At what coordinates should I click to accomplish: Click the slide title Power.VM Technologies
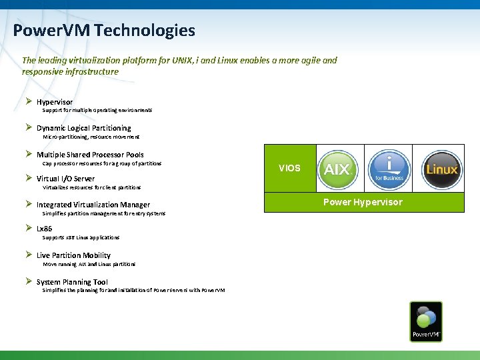[104, 31]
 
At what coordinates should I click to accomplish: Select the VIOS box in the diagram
[289, 168]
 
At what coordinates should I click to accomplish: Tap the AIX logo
[337, 168]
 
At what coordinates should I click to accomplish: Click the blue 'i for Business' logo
[389, 168]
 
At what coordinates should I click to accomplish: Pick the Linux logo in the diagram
[441, 168]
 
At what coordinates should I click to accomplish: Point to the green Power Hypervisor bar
[363, 202]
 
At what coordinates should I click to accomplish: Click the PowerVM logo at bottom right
[426, 322]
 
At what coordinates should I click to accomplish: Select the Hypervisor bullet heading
[55, 102]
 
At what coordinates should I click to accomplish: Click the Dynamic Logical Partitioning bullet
[84, 128]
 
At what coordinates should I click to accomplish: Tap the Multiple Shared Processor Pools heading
[90, 155]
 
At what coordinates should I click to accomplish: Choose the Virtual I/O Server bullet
[65, 179]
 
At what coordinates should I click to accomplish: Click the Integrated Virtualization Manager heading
[93, 205]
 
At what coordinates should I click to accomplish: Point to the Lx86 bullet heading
[44, 229]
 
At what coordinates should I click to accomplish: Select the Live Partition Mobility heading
[73, 255]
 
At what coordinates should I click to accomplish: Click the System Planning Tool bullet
[72, 282]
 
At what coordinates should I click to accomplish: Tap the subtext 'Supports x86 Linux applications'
[81, 237]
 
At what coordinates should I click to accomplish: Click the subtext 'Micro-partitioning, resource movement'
[91, 137]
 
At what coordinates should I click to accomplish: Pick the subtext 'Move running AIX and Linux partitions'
[89, 264]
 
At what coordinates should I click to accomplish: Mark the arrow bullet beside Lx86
[29, 228]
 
